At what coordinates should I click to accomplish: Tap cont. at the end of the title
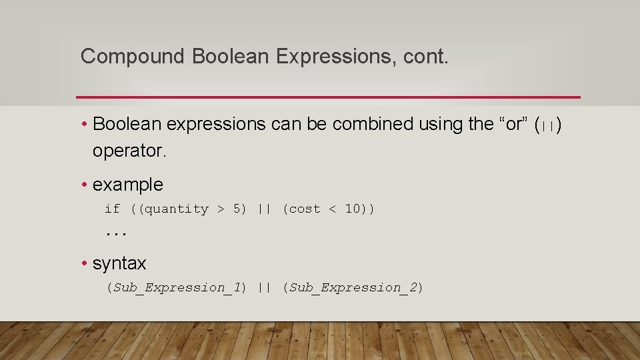point(426,57)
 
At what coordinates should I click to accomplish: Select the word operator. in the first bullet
point(129,151)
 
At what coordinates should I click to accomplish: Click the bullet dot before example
point(85,185)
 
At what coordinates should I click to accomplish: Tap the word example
point(128,185)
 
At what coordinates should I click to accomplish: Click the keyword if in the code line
point(112,209)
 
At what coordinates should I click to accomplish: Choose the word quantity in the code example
point(177,209)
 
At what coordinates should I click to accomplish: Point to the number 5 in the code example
point(237,209)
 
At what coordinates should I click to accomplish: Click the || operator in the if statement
point(264,209)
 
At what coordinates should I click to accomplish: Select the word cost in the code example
point(305,209)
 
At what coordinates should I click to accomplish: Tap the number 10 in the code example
point(352,209)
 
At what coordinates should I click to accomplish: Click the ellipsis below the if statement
point(116,234)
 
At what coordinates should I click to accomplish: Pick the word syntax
point(119,263)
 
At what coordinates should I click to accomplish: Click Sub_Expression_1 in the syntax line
point(177,288)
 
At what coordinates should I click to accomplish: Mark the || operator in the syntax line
point(264,288)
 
